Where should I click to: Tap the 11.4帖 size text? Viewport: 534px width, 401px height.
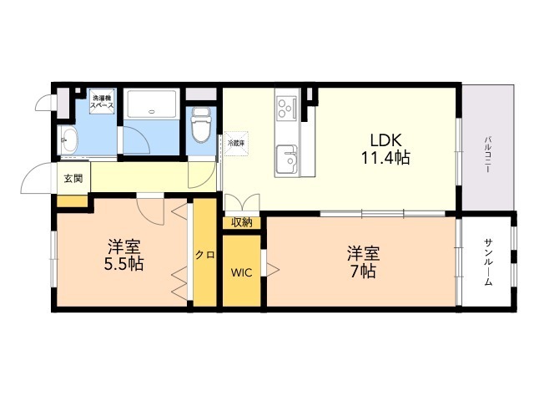(384, 158)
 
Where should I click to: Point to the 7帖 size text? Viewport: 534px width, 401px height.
(362, 271)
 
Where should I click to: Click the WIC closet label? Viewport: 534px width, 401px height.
(242, 272)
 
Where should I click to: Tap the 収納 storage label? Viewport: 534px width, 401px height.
(242, 222)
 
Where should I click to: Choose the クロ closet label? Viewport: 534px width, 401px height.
(204, 255)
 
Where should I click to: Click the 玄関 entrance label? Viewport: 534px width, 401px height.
(72, 178)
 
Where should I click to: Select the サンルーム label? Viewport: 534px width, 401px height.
(487, 263)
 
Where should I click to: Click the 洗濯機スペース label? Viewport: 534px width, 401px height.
(103, 105)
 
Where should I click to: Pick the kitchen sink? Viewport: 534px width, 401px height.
(289, 156)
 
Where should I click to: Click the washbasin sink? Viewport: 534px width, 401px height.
(68, 138)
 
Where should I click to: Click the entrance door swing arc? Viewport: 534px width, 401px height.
(35, 177)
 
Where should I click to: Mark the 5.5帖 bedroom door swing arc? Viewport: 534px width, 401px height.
(150, 209)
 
